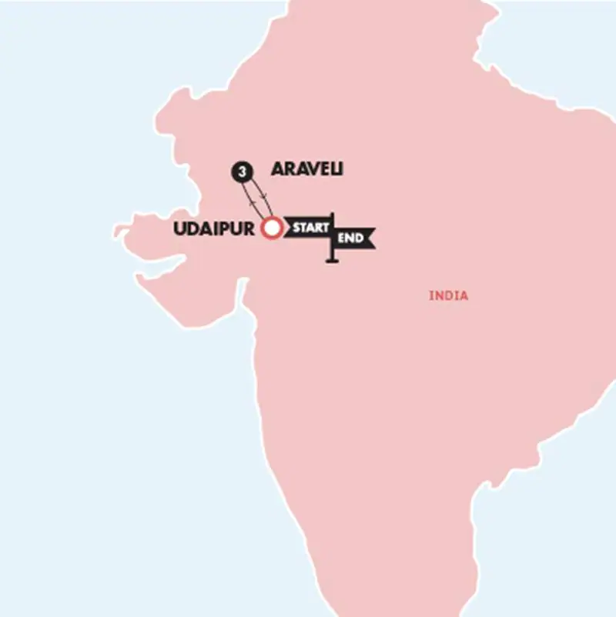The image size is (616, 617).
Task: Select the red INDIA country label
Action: point(448,295)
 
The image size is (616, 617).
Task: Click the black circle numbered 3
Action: point(243,173)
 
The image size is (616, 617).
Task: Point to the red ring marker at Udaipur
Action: point(271,228)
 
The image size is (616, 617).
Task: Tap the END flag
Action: point(354,238)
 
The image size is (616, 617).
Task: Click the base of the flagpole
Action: point(333,262)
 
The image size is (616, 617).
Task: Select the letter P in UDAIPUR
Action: point(234,228)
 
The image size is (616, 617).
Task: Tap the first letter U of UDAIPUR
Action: point(181,228)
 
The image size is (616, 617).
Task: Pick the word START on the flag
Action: point(310,228)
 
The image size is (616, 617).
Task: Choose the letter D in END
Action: point(360,238)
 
